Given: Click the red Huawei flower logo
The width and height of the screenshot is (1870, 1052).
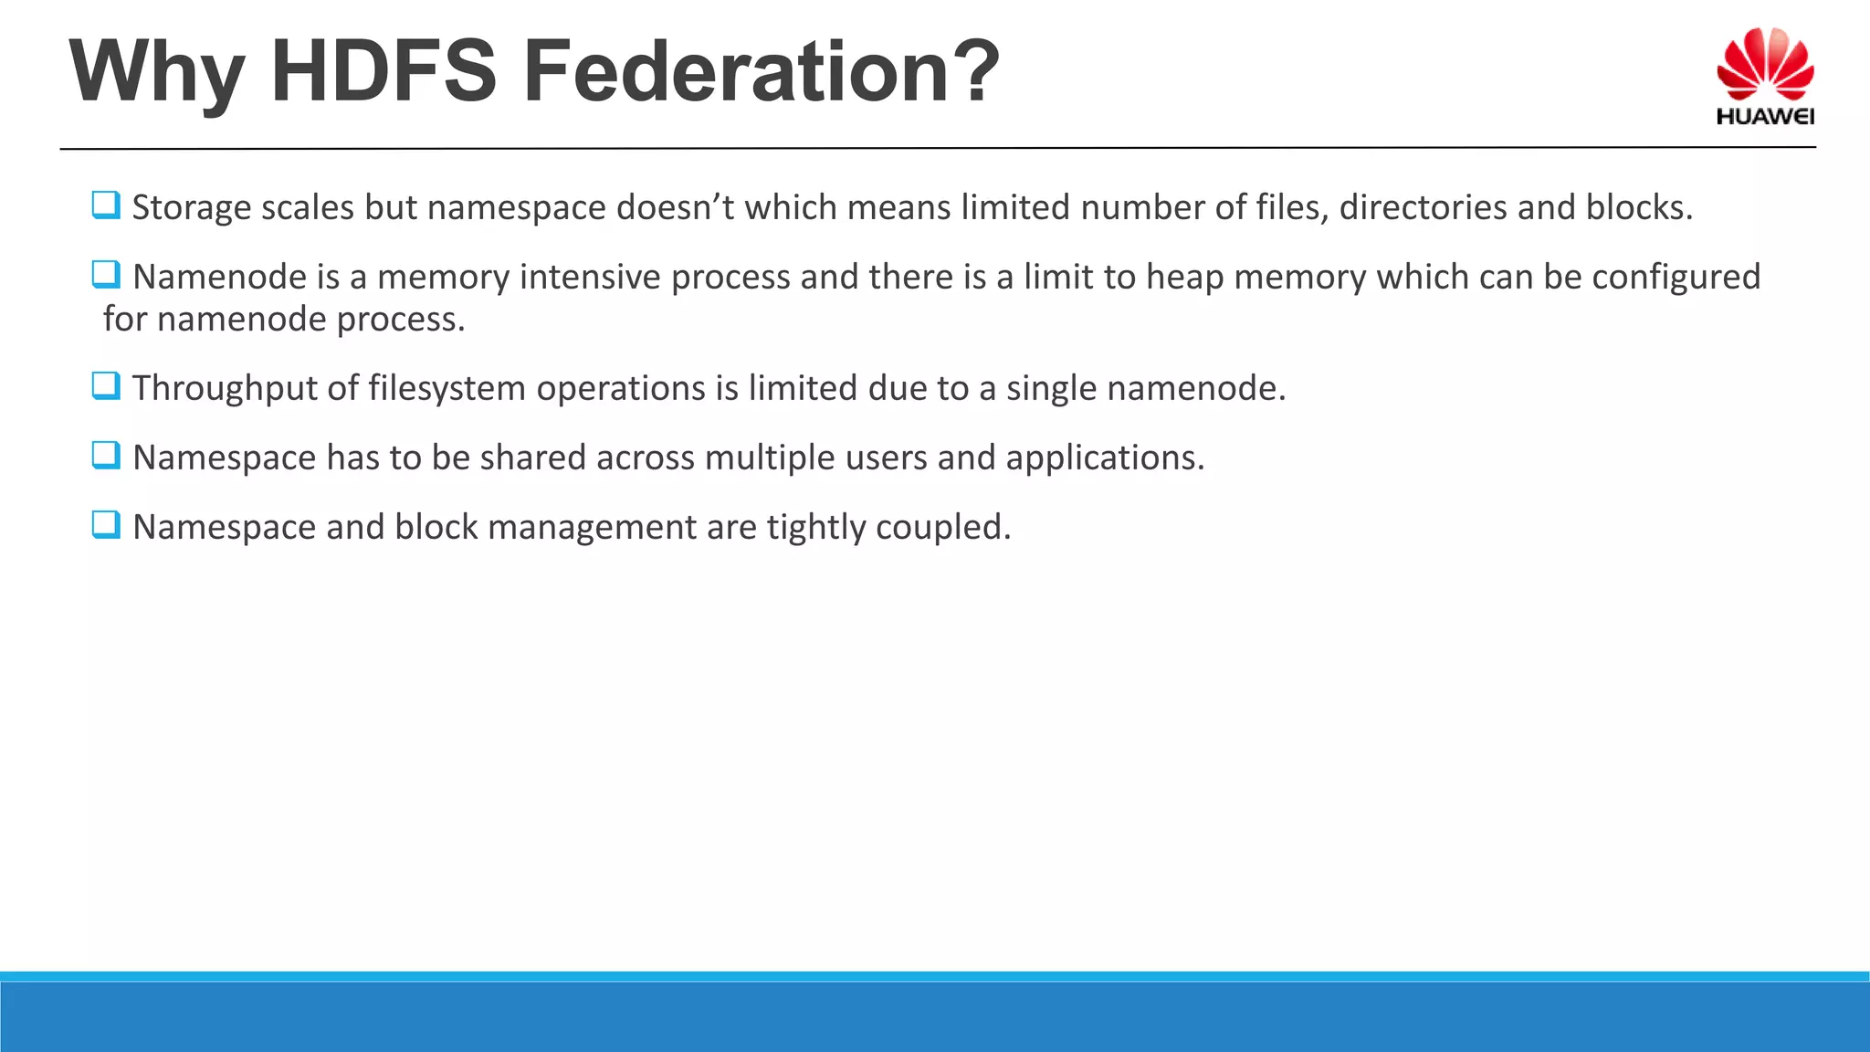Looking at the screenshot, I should click(x=1764, y=64).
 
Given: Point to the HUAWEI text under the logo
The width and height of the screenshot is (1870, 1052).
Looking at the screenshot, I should click(x=1764, y=117).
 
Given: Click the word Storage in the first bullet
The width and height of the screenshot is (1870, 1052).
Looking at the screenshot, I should click(x=191, y=208).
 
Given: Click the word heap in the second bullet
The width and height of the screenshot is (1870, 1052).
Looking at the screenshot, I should click(x=1184, y=277).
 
